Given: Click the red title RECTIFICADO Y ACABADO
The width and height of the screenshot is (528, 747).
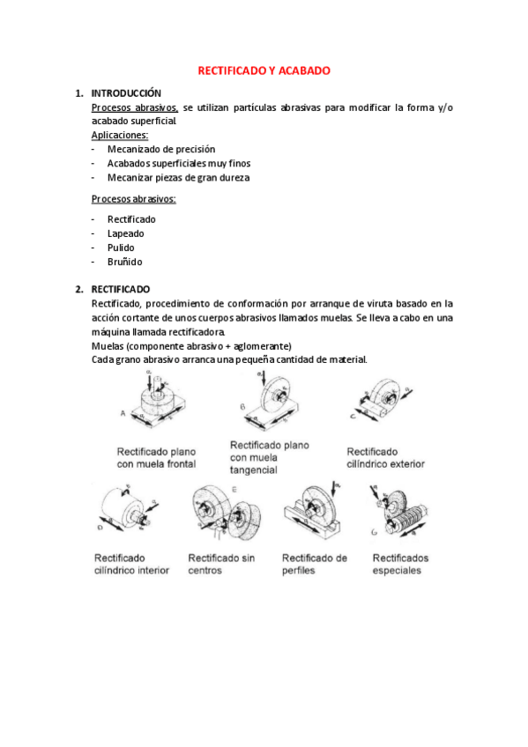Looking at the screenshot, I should (x=264, y=70).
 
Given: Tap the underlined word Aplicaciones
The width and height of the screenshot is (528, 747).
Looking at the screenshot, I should (x=120, y=135).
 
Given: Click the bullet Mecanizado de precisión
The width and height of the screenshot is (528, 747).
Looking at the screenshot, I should (x=161, y=149).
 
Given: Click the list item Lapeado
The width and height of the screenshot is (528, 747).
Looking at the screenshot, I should (x=126, y=233).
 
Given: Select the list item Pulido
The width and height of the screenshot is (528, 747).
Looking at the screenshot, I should (x=121, y=248).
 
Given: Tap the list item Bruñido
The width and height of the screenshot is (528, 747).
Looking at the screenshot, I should (x=124, y=262).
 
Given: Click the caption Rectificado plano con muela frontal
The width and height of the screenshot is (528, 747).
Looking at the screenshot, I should (x=155, y=456).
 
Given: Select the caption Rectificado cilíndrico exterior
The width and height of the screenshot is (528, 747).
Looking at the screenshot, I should (x=385, y=456).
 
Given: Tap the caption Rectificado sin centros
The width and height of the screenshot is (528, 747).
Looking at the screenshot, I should (x=220, y=563).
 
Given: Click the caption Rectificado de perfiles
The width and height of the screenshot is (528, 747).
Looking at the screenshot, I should (x=314, y=563).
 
